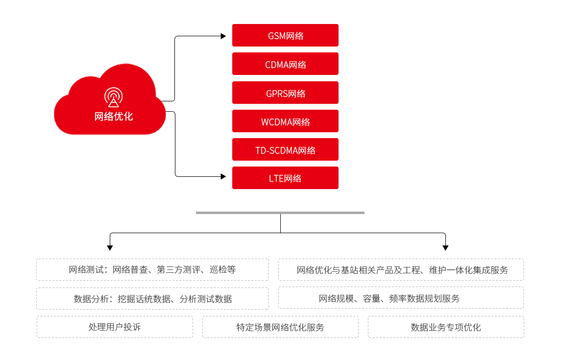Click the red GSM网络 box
coord(285,35)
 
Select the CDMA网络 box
coord(285,64)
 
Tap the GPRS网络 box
coord(285,93)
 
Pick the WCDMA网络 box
coord(285,121)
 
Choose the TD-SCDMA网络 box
coord(285,149)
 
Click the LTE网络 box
coord(285,178)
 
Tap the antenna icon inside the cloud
coord(113,97)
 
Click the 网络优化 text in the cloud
coord(113,117)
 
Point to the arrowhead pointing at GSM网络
coord(223,36)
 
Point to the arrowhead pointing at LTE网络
coord(223,176)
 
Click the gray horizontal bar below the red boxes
coord(280,213)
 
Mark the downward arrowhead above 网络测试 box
coord(110,248)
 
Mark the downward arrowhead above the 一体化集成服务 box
coord(445,248)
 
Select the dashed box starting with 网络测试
coord(152,269)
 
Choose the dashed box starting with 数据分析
coord(152,298)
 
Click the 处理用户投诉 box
coord(115,327)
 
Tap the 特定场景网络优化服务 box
coord(280,327)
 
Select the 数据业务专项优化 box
coord(446,327)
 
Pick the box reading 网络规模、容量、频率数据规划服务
coord(401,298)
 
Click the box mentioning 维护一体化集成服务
coord(401,269)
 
